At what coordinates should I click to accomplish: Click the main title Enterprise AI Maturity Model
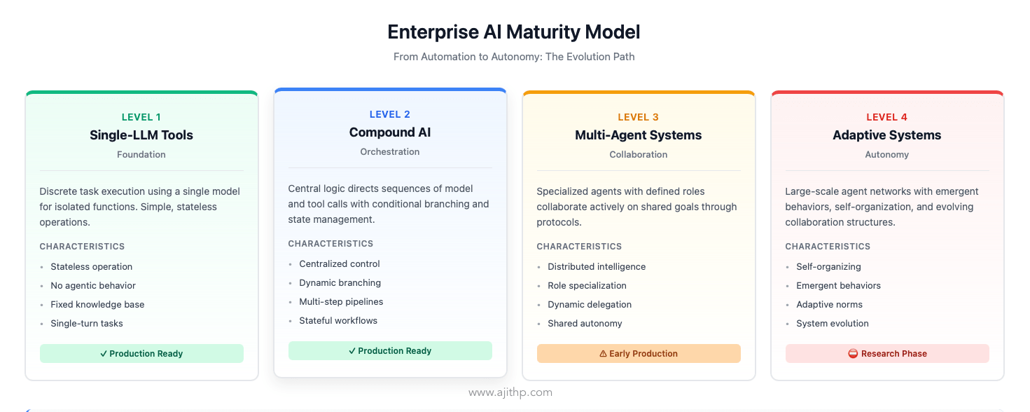(514, 32)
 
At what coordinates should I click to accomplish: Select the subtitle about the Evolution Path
(514, 57)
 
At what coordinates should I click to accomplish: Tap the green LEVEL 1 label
(141, 117)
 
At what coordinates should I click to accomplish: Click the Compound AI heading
(390, 132)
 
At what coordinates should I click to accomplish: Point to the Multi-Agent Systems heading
(639, 135)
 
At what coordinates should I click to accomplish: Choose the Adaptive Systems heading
(886, 135)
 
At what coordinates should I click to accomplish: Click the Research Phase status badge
(887, 354)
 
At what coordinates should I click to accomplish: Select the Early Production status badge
(639, 354)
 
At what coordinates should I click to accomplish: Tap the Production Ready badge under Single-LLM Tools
(141, 354)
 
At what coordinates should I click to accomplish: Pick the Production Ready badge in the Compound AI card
(390, 351)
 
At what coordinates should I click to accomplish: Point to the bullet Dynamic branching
(340, 283)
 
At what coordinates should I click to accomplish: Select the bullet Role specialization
(587, 286)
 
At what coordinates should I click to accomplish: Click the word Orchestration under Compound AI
(390, 152)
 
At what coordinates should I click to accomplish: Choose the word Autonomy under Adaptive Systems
(886, 155)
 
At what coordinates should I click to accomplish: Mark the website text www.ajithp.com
(510, 392)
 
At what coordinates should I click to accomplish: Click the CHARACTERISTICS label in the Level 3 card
(579, 247)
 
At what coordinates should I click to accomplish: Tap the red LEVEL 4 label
(886, 117)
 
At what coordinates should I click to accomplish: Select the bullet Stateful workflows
(338, 321)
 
